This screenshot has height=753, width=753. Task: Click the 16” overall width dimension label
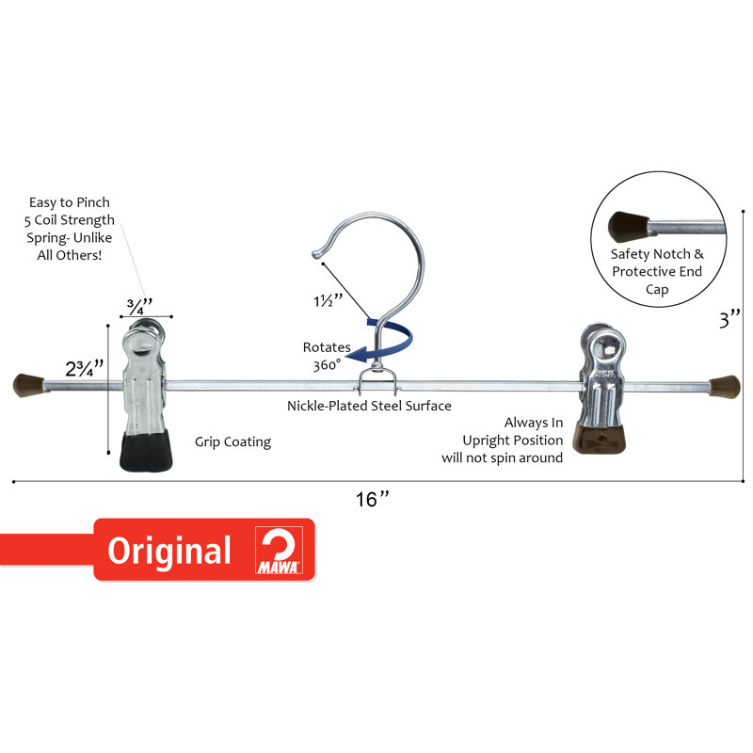(372, 499)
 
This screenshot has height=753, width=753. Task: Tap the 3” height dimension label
(730, 319)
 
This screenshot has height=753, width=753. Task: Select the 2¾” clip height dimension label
(85, 368)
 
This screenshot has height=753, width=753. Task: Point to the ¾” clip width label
(139, 306)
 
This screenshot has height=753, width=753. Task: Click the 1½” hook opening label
(328, 301)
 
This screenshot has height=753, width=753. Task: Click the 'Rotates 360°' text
(327, 356)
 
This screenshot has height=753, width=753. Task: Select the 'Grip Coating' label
(232, 441)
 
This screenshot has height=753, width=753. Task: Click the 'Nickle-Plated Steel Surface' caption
(369, 406)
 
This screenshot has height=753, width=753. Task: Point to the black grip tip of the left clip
(146, 451)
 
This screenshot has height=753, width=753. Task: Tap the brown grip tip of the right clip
(601, 439)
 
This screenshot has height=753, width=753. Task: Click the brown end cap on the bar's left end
(28, 385)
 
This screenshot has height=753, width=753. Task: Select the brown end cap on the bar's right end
(725, 387)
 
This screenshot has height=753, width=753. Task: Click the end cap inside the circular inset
(629, 225)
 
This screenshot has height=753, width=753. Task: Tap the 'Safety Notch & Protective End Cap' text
(657, 271)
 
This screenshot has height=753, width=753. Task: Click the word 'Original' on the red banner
(169, 552)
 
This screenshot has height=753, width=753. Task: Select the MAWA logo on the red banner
(279, 550)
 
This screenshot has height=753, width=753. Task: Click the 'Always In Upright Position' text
(512, 431)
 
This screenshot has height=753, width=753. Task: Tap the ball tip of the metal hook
(315, 253)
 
